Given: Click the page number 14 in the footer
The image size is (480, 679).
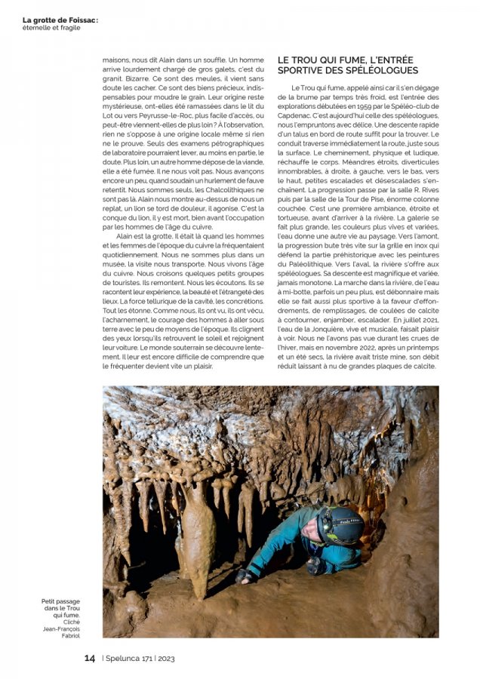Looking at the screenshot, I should click(89, 658).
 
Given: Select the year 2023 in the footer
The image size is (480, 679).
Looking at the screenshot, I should click(166, 659).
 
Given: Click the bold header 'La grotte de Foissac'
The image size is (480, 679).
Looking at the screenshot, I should click(60, 20).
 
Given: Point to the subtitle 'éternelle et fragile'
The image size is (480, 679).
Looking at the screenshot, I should click(51, 28).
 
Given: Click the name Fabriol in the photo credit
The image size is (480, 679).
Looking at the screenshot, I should click(69, 635).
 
